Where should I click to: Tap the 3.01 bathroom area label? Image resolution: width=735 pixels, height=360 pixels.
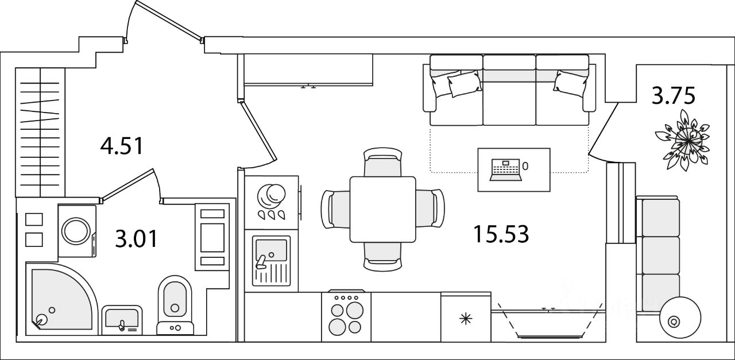click(x=136, y=238)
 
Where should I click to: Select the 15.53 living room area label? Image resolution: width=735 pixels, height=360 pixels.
click(x=501, y=234)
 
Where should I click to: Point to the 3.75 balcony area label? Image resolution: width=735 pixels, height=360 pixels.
click(x=674, y=95)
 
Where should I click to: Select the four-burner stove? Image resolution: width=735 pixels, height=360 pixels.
click(x=346, y=316)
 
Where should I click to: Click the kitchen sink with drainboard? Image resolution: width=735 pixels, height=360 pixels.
click(x=272, y=261)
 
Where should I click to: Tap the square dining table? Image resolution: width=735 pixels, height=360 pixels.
click(x=383, y=210)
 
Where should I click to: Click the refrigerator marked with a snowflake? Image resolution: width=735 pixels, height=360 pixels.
click(x=466, y=318)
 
